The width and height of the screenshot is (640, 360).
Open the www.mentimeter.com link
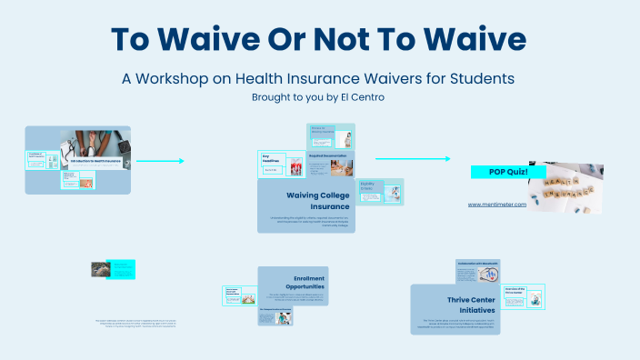coord(497,205)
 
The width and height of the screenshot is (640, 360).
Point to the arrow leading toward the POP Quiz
coord(413,159)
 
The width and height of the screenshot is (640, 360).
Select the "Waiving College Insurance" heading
coord(317,201)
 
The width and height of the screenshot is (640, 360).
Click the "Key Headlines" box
coord(272,158)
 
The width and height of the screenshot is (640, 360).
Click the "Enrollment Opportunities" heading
coord(296,282)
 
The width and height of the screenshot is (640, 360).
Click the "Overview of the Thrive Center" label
coord(515,290)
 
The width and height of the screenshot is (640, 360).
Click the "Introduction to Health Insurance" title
coord(95,160)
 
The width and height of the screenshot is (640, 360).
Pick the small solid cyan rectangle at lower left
coord(122,269)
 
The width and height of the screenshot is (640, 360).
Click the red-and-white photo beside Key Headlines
coord(295,167)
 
